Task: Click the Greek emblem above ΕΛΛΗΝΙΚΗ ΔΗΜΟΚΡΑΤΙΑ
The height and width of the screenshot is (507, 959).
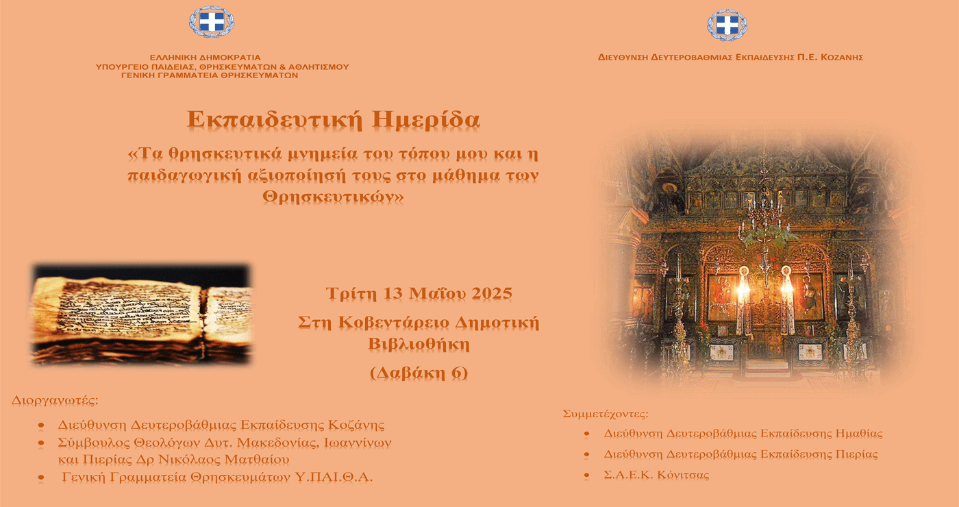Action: (x=212, y=22)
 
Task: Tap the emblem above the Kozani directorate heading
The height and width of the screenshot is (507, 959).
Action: (x=727, y=25)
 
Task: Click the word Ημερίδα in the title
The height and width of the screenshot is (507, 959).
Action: (x=426, y=121)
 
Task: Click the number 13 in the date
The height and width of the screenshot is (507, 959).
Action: (x=393, y=294)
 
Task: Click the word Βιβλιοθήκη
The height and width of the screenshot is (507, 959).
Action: (x=419, y=345)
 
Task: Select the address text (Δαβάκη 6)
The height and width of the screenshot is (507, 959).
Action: (x=419, y=373)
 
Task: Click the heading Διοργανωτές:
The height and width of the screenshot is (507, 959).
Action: (x=55, y=401)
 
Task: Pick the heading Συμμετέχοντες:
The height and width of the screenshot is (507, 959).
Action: (x=606, y=414)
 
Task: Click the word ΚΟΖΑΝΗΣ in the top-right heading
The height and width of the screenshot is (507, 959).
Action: (x=842, y=58)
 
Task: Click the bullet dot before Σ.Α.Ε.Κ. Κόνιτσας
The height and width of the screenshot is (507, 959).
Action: (x=586, y=475)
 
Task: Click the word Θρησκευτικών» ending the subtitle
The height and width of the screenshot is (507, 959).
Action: (x=333, y=197)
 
